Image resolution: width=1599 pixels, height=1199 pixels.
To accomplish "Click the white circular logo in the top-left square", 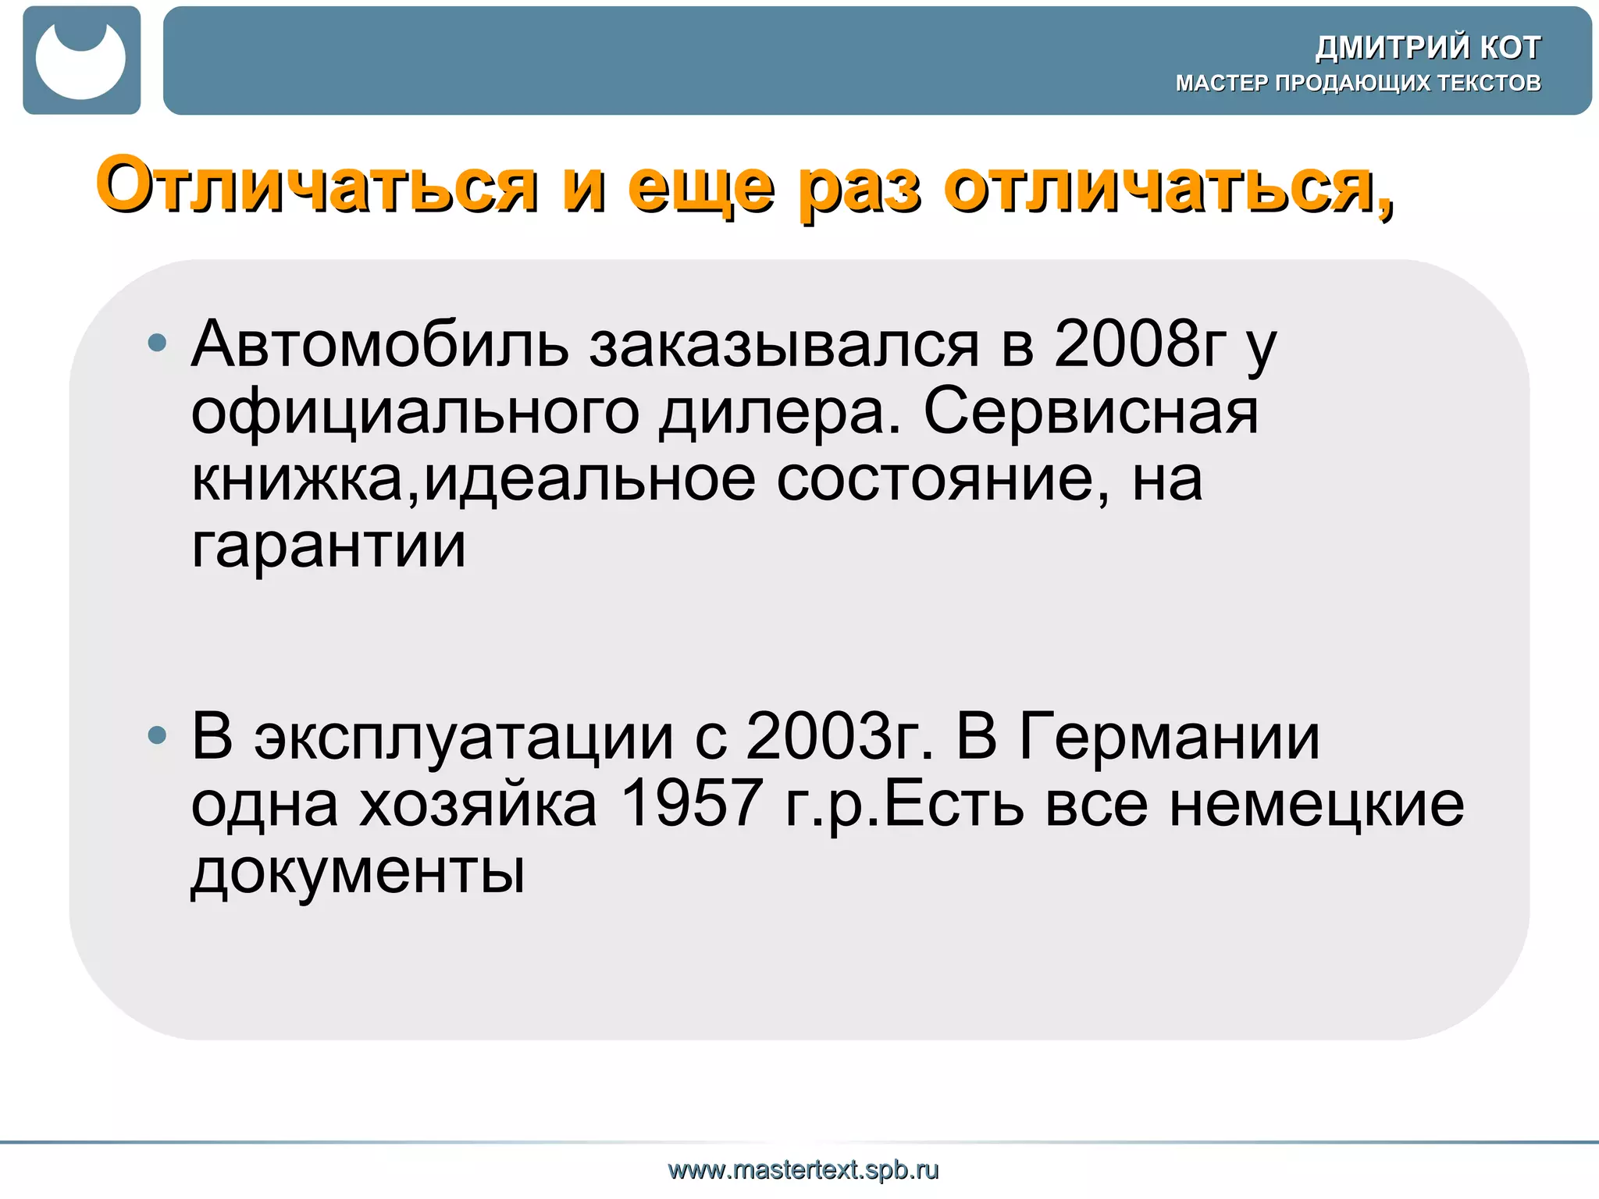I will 80,62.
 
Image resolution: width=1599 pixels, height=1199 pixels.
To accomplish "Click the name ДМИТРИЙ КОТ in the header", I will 1427,48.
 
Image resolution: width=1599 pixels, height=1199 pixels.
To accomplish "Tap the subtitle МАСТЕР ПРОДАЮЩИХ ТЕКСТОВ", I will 1358,83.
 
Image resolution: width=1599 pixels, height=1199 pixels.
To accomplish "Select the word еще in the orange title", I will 700,187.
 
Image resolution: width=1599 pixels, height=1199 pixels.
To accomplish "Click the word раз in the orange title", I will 859,187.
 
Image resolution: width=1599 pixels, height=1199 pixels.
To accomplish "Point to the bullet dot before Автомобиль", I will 158,342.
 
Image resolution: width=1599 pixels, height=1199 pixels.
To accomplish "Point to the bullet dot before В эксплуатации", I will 158,735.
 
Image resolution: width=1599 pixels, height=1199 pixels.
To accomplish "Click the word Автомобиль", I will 379,345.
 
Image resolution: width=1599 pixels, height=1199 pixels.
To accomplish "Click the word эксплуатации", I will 463,738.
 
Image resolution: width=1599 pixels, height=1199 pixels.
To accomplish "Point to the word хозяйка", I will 478,804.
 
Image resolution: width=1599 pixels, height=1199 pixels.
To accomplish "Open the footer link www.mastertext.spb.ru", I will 803,1170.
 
